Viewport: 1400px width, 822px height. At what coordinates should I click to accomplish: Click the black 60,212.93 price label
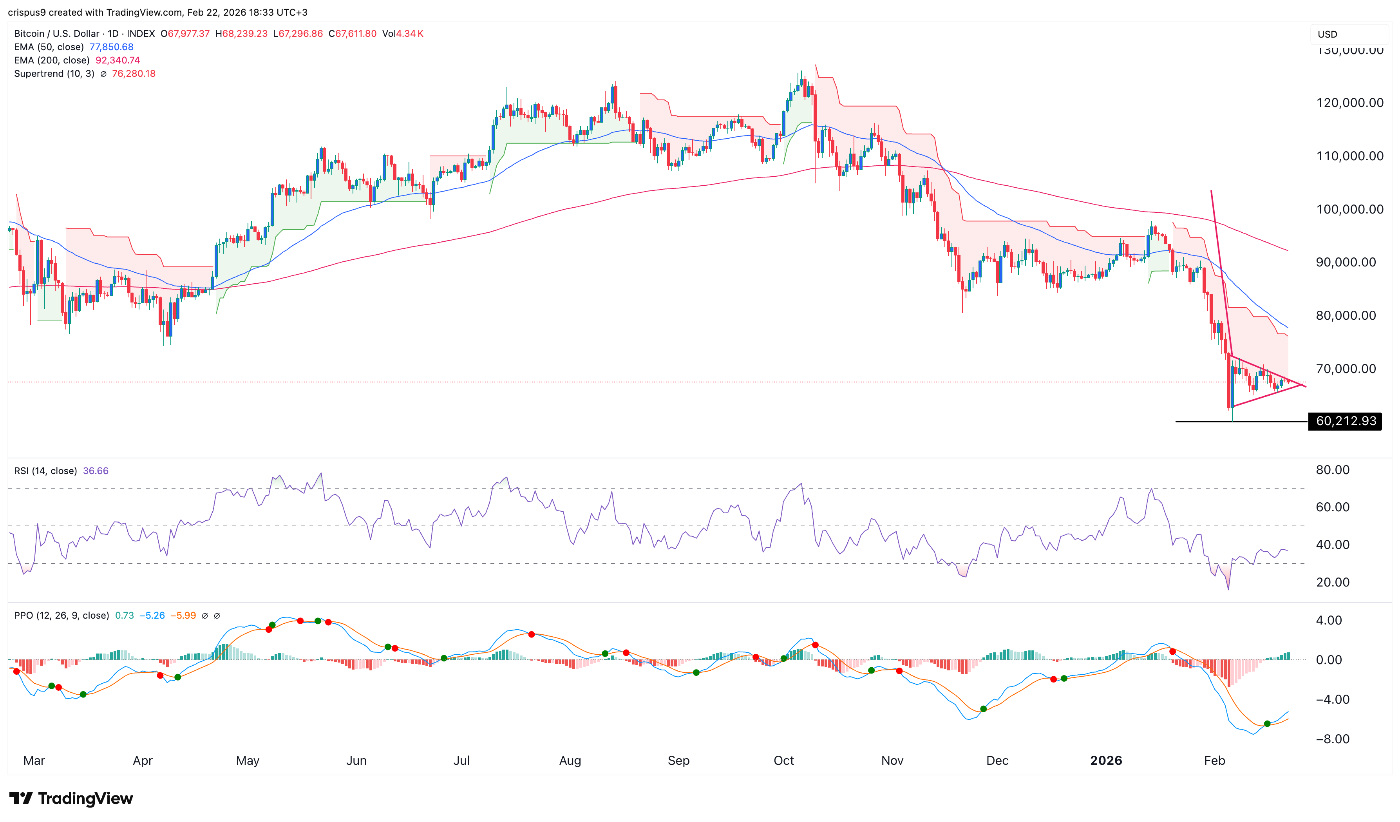1346,421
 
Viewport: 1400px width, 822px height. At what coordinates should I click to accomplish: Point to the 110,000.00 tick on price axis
1349,156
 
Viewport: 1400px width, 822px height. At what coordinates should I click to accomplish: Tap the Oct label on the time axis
783,760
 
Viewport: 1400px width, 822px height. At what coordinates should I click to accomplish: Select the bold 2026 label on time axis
1105,760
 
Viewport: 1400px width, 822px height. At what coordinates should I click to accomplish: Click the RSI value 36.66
96,471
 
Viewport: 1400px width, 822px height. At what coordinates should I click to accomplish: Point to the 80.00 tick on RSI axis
1332,470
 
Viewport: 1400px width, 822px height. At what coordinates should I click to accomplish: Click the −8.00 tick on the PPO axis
1332,739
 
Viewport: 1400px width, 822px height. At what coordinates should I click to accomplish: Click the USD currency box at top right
1328,34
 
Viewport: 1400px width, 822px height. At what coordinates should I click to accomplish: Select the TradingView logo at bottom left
71,798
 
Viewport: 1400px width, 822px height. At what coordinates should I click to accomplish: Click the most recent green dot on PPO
1267,724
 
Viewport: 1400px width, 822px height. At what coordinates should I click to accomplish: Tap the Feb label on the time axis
1214,760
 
